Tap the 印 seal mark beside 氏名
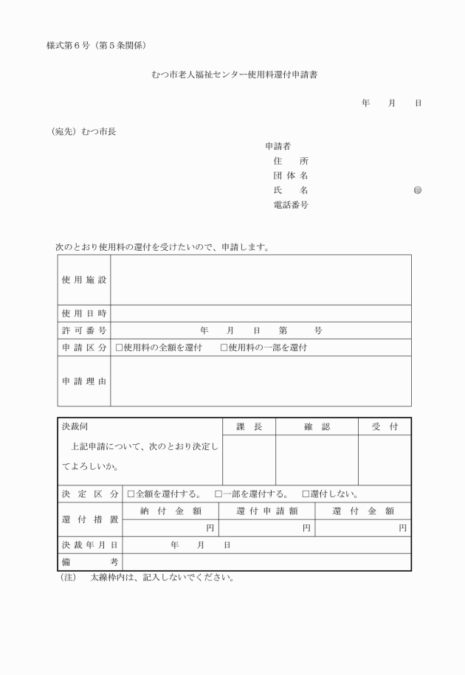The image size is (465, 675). [x=418, y=190]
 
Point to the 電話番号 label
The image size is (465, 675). [x=291, y=204]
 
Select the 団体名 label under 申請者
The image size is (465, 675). [x=291, y=176]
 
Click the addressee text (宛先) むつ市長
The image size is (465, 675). [x=83, y=132]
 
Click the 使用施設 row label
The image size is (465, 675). [x=84, y=280]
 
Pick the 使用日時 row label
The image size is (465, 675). [x=84, y=314]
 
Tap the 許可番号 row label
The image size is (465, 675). [x=84, y=330]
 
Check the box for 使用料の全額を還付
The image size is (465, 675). [x=120, y=347]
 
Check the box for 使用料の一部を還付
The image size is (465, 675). [x=224, y=347]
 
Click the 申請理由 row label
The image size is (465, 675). [x=84, y=381]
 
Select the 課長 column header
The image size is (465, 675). [x=249, y=427]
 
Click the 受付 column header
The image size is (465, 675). [x=385, y=427]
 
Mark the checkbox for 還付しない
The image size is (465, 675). [x=305, y=494]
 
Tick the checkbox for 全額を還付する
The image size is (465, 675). [x=131, y=494]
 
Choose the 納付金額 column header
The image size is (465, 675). [x=170, y=510]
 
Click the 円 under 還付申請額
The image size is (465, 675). [x=306, y=527]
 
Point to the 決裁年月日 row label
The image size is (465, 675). [x=89, y=545]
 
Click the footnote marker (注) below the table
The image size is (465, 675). [x=68, y=578]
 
